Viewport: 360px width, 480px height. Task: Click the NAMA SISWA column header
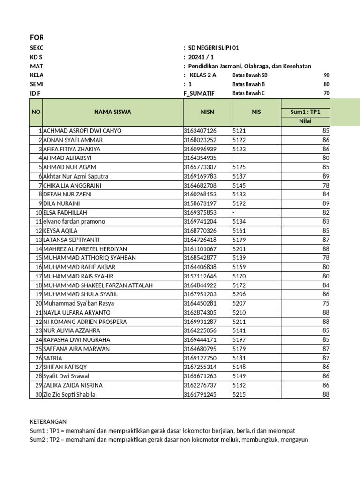coord(112,112)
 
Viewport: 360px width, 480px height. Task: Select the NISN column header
coord(207,112)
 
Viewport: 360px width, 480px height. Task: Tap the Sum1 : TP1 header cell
coord(305,112)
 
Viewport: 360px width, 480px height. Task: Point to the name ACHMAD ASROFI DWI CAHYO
coord(82,131)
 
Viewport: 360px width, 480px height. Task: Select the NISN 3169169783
coord(200,176)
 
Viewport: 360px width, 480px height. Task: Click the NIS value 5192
coord(239,203)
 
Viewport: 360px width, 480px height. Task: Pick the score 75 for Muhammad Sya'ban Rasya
coord(326,303)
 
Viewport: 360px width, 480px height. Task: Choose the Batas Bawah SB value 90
coord(327,75)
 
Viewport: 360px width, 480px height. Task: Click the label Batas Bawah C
coord(248,93)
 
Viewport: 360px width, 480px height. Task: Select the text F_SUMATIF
coord(199,93)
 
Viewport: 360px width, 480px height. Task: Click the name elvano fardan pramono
coord(74,222)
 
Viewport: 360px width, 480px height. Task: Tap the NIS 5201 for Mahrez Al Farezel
coord(239,249)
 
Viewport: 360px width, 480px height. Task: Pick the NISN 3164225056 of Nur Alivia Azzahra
coord(200,330)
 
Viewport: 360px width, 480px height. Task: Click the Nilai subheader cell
coord(305,122)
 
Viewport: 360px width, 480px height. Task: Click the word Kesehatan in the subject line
coord(296,66)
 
